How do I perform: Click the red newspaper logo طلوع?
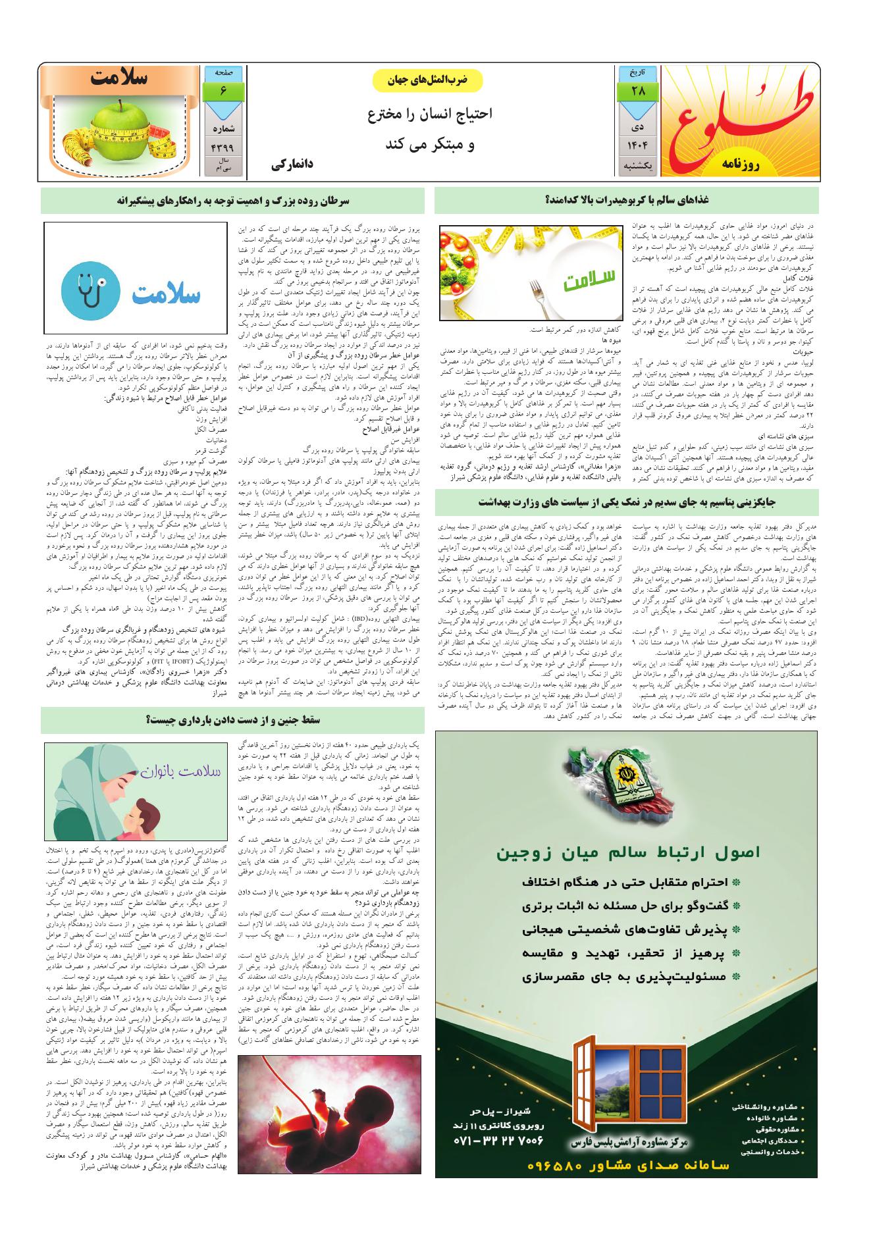(x=741, y=118)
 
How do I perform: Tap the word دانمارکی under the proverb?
(x=290, y=165)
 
